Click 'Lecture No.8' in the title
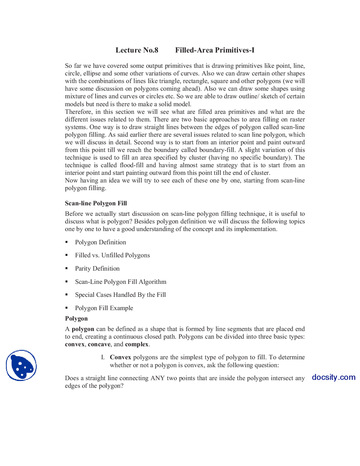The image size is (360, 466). (137, 50)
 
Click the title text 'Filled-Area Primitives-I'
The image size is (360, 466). (215, 50)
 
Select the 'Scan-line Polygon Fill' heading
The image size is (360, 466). (96, 203)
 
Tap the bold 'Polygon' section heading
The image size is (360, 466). (76, 318)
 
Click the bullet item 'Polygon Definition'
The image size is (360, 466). (100, 242)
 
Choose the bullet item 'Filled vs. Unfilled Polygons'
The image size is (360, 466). (112, 255)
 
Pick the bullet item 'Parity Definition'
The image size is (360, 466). (97, 268)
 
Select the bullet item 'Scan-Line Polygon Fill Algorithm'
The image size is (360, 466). (120, 282)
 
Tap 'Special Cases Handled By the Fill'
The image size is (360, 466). (120, 295)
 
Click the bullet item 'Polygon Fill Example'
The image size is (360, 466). (104, 308)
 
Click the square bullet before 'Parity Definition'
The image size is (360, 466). (67, 268)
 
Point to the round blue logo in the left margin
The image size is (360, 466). (21, 365)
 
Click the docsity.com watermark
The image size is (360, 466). (334, 377)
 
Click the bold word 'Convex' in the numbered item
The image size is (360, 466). (120, 357)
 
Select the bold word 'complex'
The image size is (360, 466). (137, 344)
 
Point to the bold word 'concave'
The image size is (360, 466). (99, 344)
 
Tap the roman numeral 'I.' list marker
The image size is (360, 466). (103, 357)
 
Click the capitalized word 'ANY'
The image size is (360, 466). (157, 378)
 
